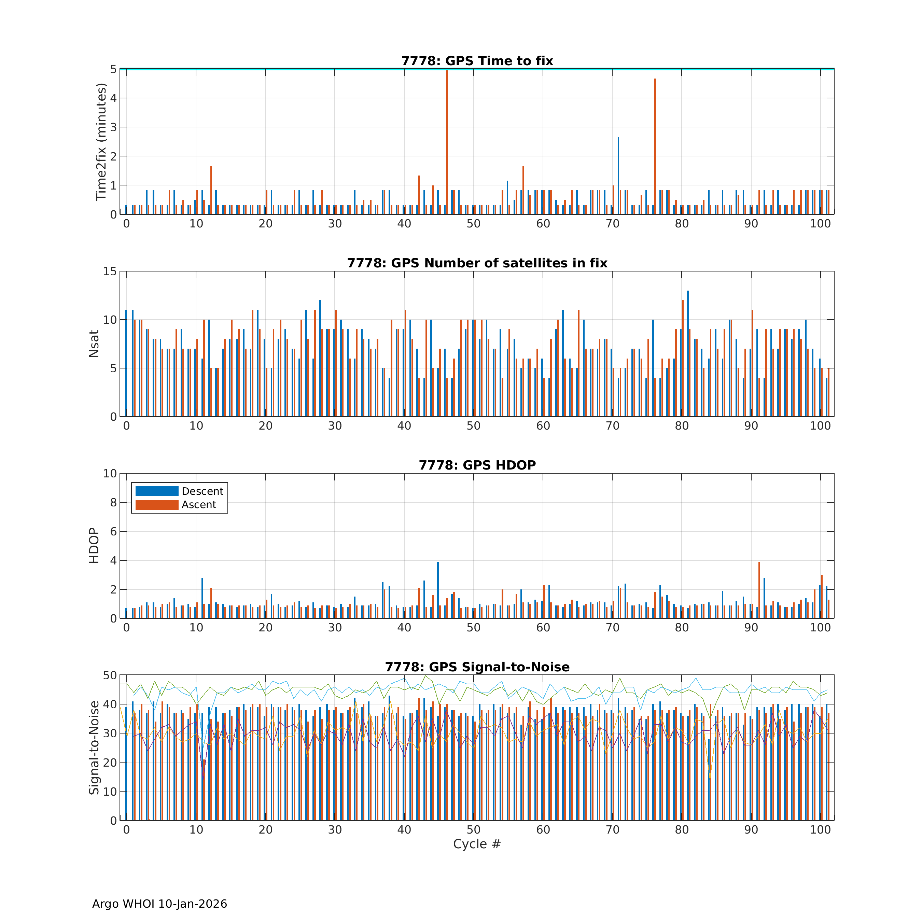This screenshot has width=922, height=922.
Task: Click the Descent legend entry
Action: (202, 491)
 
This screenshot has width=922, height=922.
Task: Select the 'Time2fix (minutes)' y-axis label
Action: (101, 142)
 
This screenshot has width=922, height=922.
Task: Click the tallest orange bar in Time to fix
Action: (447, 143)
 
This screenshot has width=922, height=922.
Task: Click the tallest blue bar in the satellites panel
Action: (688, 353)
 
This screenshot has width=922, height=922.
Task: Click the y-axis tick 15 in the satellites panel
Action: (110, 271)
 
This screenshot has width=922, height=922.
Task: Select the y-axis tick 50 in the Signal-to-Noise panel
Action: (110, 675)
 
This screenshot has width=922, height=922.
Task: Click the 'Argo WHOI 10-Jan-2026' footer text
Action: (159, 904)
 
